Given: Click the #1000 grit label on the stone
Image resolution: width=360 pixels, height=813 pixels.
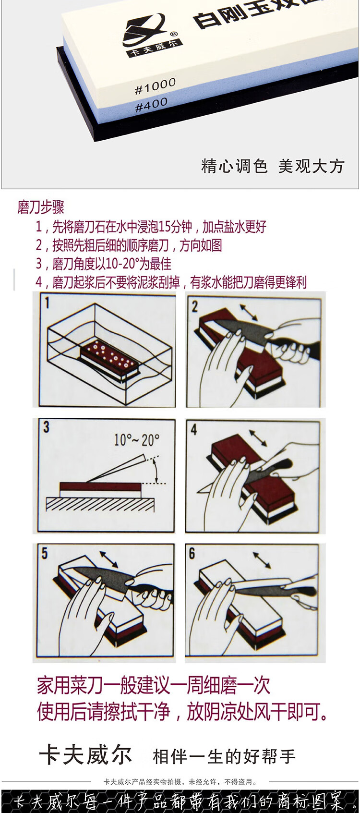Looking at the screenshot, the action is [x=155, y=86].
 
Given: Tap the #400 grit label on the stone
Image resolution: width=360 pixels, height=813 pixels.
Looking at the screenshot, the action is [x=151, y=105].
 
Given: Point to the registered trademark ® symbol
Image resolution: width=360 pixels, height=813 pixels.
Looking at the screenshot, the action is [x=173, y=34].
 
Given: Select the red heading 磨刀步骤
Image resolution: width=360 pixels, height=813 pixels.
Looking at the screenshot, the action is [x=41, y=207].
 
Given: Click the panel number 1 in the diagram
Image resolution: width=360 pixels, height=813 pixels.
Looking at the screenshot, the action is [x=47, y=303].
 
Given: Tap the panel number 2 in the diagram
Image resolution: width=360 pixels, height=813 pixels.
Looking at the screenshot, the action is [x=194, y=307].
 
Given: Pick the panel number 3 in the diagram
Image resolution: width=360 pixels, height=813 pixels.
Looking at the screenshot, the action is [x=46, y=427].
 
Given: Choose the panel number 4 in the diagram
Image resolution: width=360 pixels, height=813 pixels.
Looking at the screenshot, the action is [x=194, y=430].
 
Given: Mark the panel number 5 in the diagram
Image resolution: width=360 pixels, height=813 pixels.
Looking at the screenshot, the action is [x=44, y=553].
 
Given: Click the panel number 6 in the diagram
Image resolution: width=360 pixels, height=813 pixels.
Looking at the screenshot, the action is [x=192, y=553].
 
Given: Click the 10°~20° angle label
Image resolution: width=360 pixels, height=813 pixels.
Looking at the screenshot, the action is [x=136, y=440].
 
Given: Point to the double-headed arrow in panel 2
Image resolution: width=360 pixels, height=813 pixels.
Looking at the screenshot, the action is [x=249, y=312].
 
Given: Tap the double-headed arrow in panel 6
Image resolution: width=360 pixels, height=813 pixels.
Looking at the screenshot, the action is [x=262, y=560].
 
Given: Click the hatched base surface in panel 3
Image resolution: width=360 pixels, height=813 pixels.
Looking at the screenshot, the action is [x=100, y=504].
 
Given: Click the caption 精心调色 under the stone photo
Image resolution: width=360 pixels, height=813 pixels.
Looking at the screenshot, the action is [x=234, y=166].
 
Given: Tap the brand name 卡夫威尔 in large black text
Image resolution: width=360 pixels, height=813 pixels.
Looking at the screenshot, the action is [x=85, y=755].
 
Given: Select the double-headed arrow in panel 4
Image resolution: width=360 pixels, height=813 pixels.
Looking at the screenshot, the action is [x=258, y=438].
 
